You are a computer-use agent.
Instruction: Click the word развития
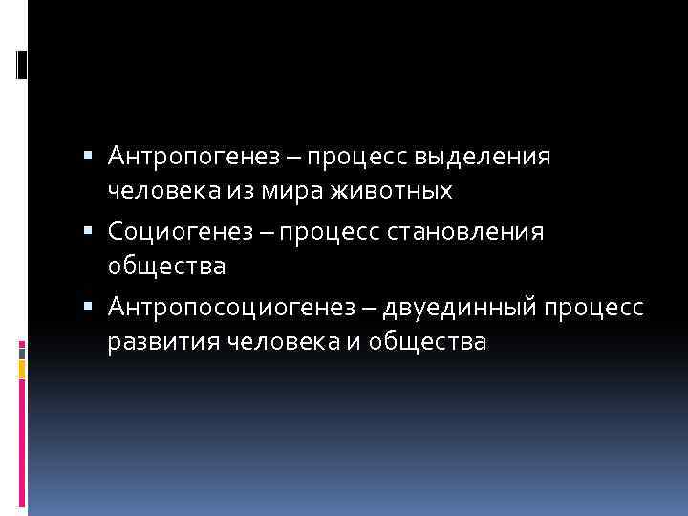(162, 342)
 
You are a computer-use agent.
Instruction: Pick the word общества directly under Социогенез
(166, 267)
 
